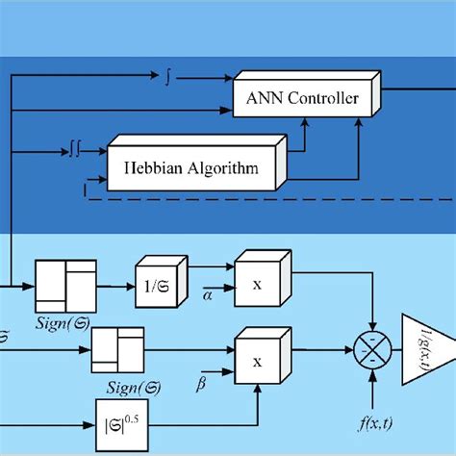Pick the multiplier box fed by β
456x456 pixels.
(261, 361)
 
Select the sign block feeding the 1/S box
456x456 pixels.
(65, 286)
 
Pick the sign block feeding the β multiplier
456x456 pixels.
(117, 350)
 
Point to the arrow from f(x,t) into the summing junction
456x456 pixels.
(369, 385)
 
